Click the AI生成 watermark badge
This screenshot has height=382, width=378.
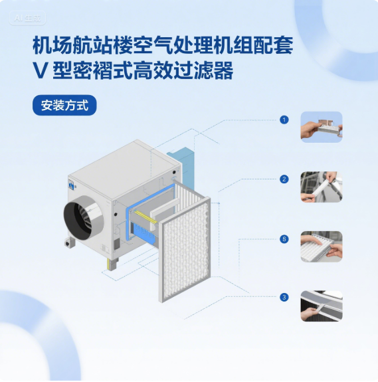27,18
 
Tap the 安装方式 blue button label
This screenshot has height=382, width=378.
64,105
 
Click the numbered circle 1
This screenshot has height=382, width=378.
284,120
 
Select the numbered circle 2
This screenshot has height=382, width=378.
284,179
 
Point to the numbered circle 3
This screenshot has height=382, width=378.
284,297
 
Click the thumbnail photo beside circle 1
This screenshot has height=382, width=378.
322,127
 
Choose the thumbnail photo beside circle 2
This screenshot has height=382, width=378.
322,187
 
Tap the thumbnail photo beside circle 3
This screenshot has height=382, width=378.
322,306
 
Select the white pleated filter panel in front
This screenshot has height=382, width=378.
185,250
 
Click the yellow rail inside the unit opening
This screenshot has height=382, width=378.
145,217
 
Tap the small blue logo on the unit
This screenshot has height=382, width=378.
71,185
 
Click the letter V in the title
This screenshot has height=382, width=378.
39,70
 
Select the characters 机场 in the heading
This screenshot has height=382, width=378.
52,45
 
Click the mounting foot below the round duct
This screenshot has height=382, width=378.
70,242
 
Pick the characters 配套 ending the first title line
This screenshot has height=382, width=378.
273,45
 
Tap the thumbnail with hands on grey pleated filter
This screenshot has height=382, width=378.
322,246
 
